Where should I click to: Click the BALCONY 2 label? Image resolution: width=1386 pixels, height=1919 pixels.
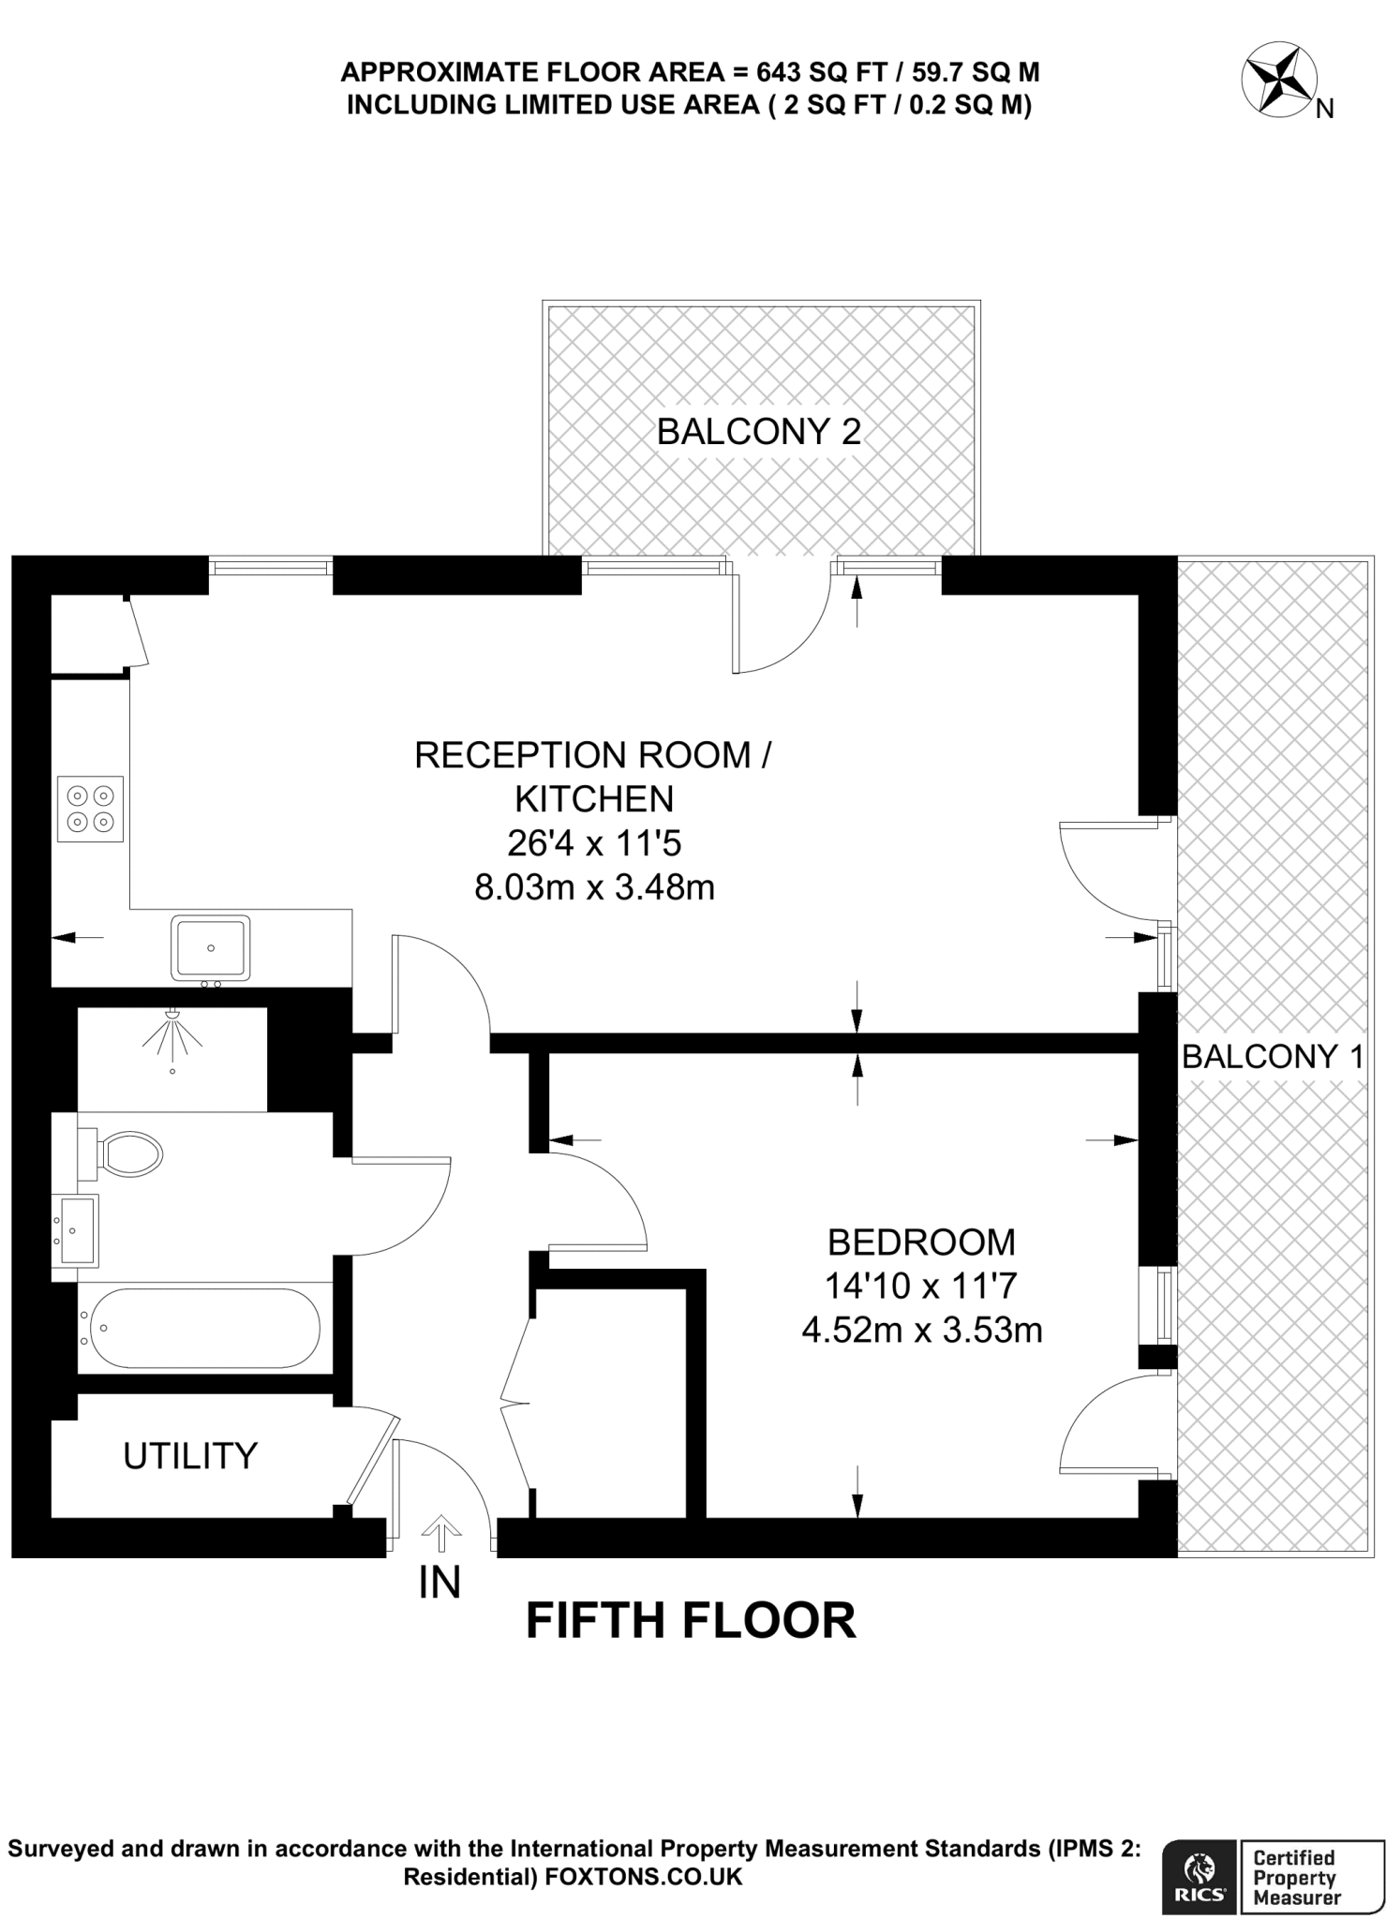[758, 432]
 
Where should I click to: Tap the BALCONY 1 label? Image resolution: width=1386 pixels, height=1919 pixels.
[1273, 1057]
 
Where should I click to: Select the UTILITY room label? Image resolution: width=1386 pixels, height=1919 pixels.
[190, 1456]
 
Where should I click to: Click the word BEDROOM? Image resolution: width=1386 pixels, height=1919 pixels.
[921, 1242]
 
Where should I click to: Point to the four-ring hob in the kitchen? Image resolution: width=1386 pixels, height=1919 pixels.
[90, 809]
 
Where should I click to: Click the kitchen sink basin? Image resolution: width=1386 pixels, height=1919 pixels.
[211, 948]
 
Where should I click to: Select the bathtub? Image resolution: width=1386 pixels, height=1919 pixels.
[200, 1329]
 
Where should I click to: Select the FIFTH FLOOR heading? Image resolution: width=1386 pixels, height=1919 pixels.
[692, 1621]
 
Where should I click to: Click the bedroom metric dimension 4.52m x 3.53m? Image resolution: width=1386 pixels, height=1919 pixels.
[922, 1330]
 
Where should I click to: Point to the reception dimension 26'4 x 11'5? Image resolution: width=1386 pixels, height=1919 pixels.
[594, 843]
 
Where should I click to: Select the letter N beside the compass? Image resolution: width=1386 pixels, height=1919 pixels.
[1324, 110]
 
